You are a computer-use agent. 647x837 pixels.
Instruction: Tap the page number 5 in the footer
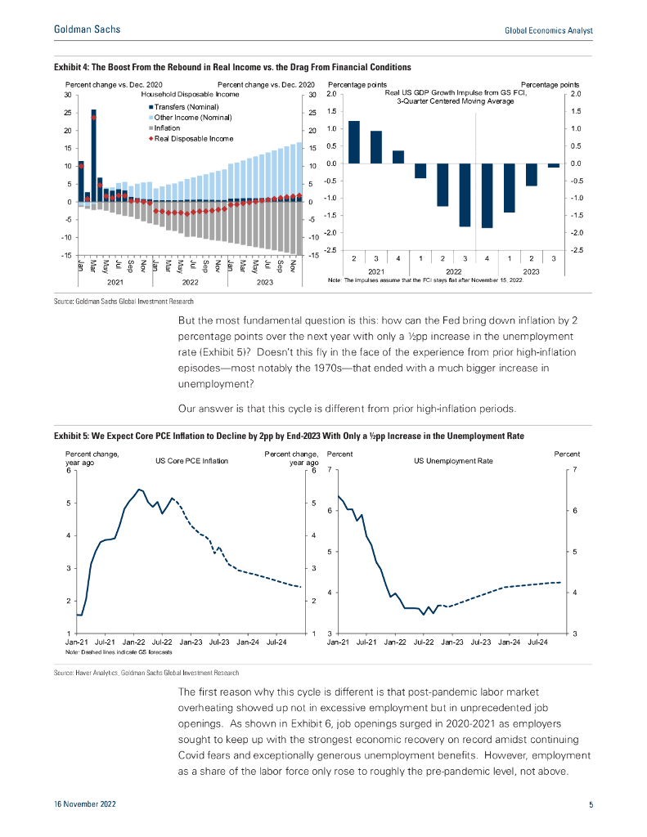(x=591, y=805)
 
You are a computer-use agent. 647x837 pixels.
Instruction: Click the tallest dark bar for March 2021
(x=93, y=155)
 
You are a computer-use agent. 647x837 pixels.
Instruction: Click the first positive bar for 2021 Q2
(x=354, y=142)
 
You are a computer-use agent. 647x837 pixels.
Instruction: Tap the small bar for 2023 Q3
(x=554, y=166)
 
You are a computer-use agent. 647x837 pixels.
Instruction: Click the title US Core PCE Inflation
(x=191, y=461)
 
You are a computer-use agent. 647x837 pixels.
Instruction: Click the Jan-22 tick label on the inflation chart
(x=135, y=642)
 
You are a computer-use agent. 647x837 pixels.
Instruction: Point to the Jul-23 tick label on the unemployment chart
(x=481, y=642)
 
